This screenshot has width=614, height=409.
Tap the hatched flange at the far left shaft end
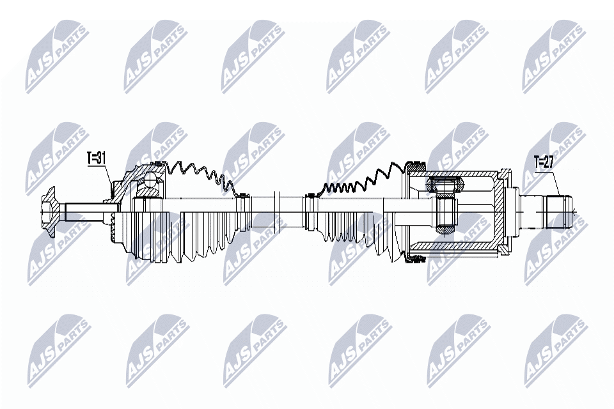[x=49, y=208]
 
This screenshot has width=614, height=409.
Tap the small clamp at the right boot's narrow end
[x=309, y=194]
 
